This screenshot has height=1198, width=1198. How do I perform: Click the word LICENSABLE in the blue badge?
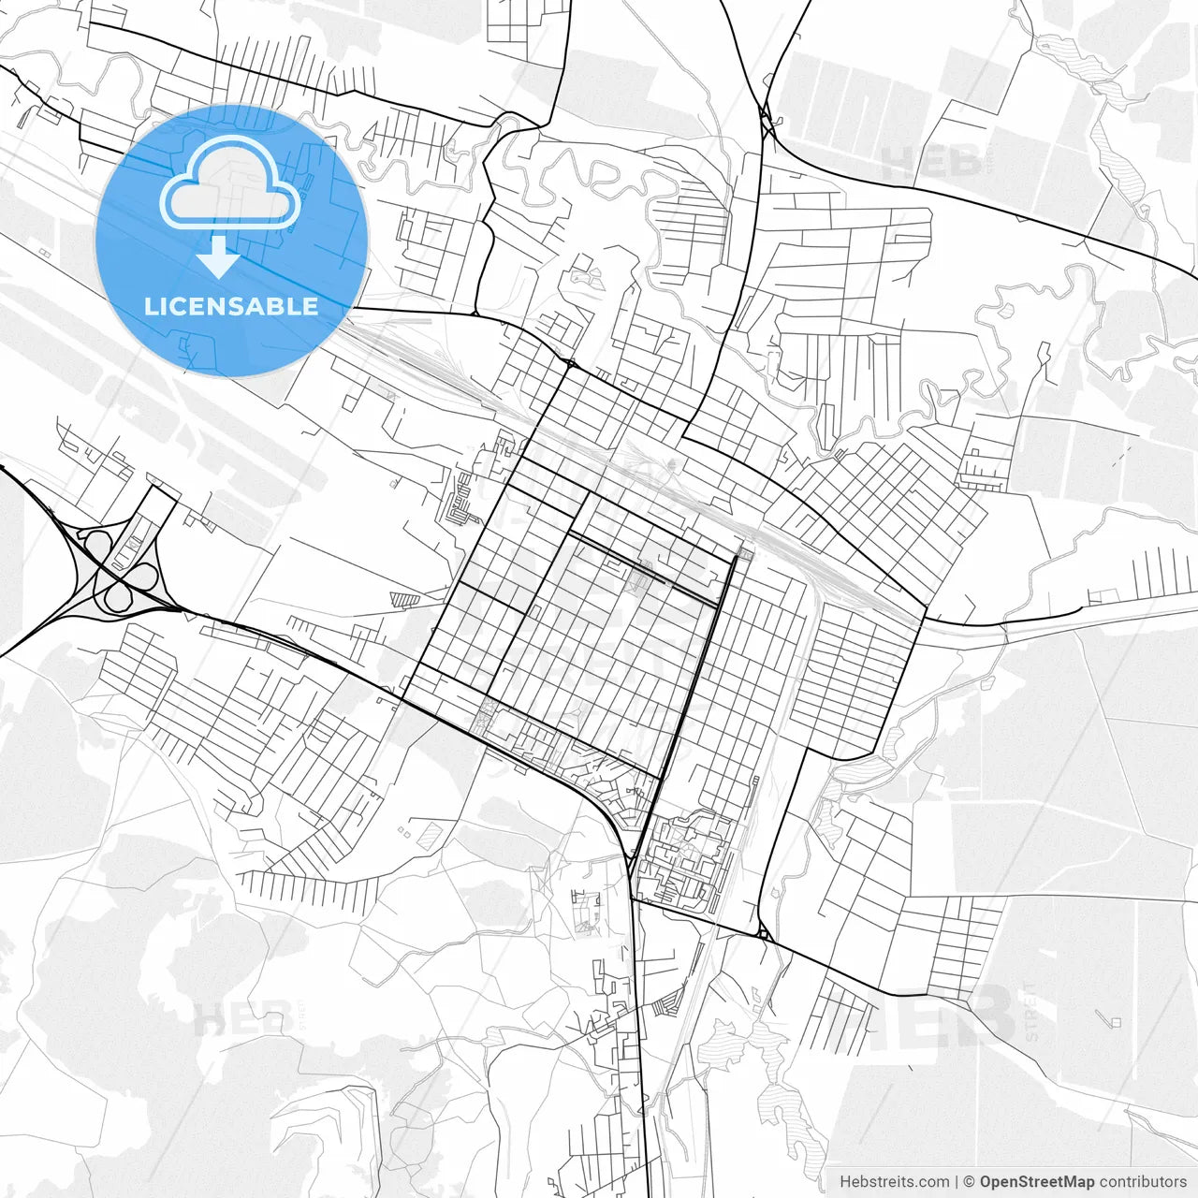pyautogui.click(x=230, y=306)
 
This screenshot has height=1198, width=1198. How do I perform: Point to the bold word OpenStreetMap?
pyautogui.click(x=1036, y=1182)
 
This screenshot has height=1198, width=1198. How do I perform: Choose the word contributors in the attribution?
pyautogui.click(x=1143, y=1182)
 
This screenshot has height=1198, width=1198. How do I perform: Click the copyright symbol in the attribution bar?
pyautogui.click(x=969, y=1182)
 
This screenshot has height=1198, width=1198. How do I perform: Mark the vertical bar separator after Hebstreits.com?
pyautogui.click(x=956, y=1182)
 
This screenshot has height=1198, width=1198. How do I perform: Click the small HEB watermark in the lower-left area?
pyautogui.click(x=242, y=1019)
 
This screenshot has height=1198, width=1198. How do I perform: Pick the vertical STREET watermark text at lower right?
pyautogui.click(x=1031, y=1012)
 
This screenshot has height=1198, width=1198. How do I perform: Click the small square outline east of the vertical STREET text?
pyautogui.click(x=1115, y=1021)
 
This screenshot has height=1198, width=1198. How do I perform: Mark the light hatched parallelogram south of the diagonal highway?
pyautogui.click(x=429, y=835)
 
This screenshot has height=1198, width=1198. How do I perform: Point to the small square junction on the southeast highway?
pyautogui.click(x=764, y=933)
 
